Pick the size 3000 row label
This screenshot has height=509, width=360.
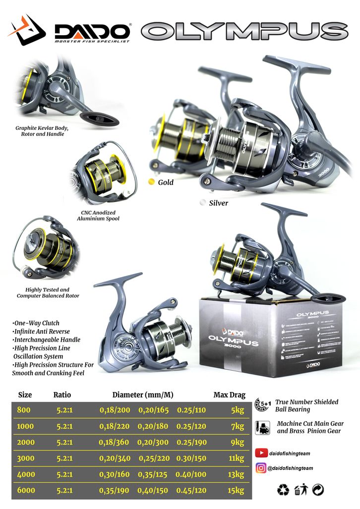[25, 458]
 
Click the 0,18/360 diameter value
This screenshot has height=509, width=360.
[115, 443]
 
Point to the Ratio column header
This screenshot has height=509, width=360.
[62, 395]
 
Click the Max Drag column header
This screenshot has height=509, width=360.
[230, 395]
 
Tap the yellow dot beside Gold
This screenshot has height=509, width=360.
[152, 182]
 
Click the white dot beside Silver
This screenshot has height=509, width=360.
[202, 202]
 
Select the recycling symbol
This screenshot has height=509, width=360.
[283, 490]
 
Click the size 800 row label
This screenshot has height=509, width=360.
[23, 410]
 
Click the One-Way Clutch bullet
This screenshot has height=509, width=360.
[35, 323]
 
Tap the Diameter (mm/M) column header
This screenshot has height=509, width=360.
[143, 395]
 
